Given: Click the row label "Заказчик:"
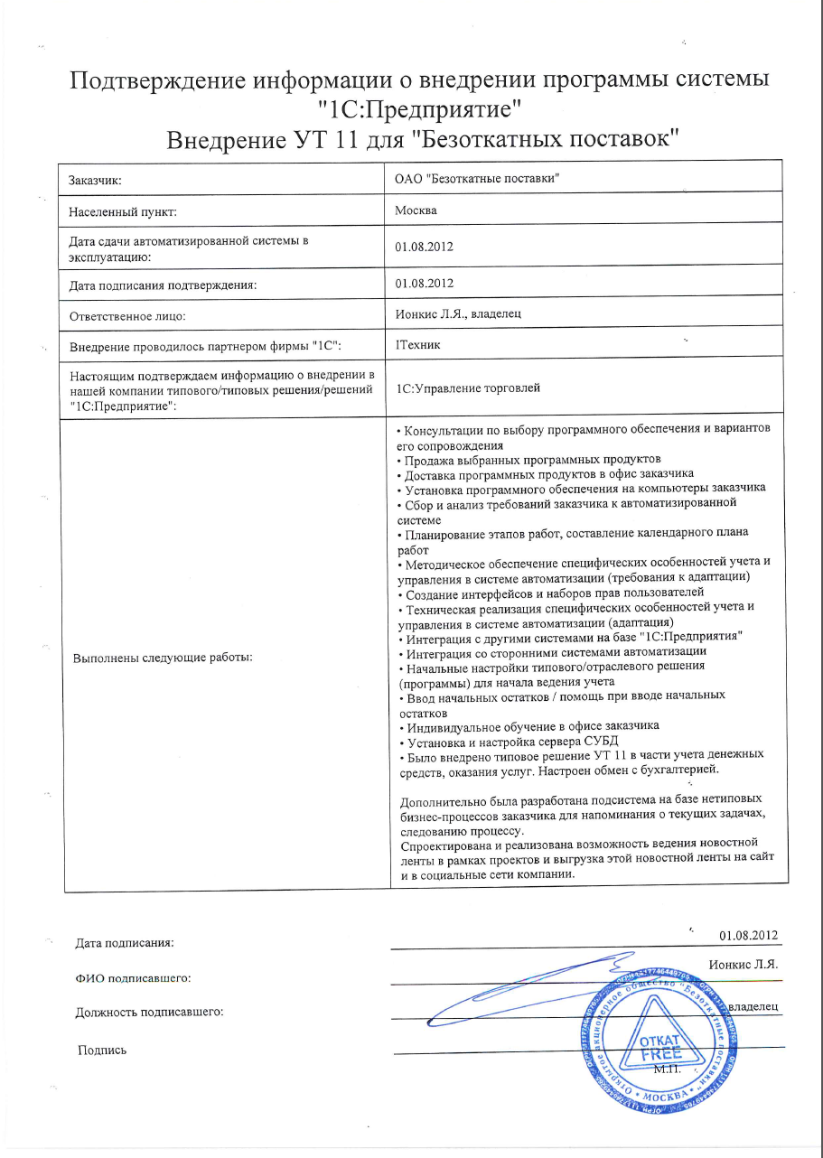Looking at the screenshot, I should tap(95, 180).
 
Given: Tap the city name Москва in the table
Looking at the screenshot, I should tap(416, 210).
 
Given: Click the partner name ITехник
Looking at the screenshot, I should tap(418, 344).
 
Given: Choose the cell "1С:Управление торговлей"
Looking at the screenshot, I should tap(468, 388).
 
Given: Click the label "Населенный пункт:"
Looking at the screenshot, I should tap(123, 212).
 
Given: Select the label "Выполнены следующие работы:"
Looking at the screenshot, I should tap(162, 657).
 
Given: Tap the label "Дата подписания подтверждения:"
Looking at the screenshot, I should tap(164, 285).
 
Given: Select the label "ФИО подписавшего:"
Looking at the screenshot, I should tap(132, 977).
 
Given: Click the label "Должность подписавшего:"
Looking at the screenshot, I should tap(149, 1012).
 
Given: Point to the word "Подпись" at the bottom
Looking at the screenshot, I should tap(102, 1050).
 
